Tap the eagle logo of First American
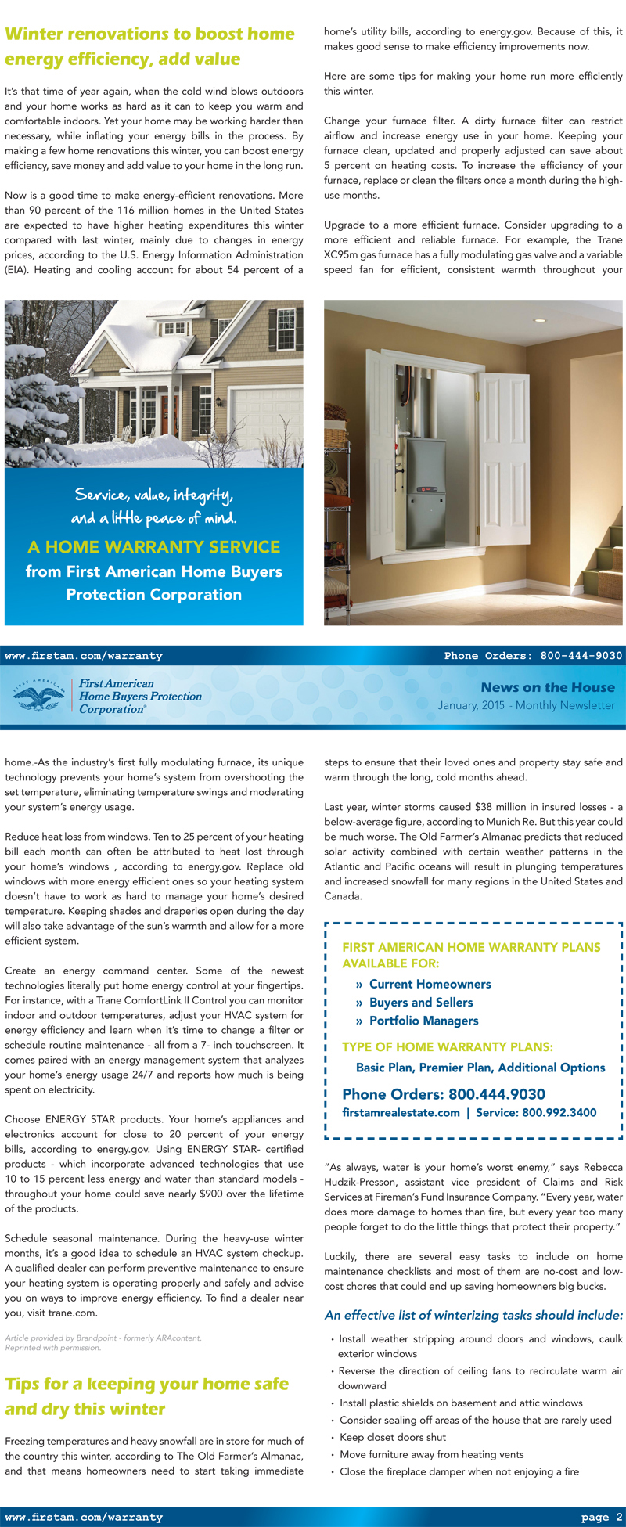[38, 694]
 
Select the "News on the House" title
[548, 687]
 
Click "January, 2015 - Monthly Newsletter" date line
[526, 705]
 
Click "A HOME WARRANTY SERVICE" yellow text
[153, 547]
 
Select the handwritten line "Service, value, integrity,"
[153, 495]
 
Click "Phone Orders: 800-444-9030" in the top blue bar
[533, 656]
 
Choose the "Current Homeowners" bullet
[430, 984]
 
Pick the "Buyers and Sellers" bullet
[421, 1002]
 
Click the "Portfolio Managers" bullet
[423, 1021]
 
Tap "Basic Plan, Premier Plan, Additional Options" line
[480, 1068]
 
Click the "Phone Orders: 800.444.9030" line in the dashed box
[444, 1094]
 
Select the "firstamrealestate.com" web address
[401, 1112]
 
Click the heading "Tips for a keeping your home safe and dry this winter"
[147, 1396]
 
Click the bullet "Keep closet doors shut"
[393, 1437]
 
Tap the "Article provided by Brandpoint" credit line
[103, 1338]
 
